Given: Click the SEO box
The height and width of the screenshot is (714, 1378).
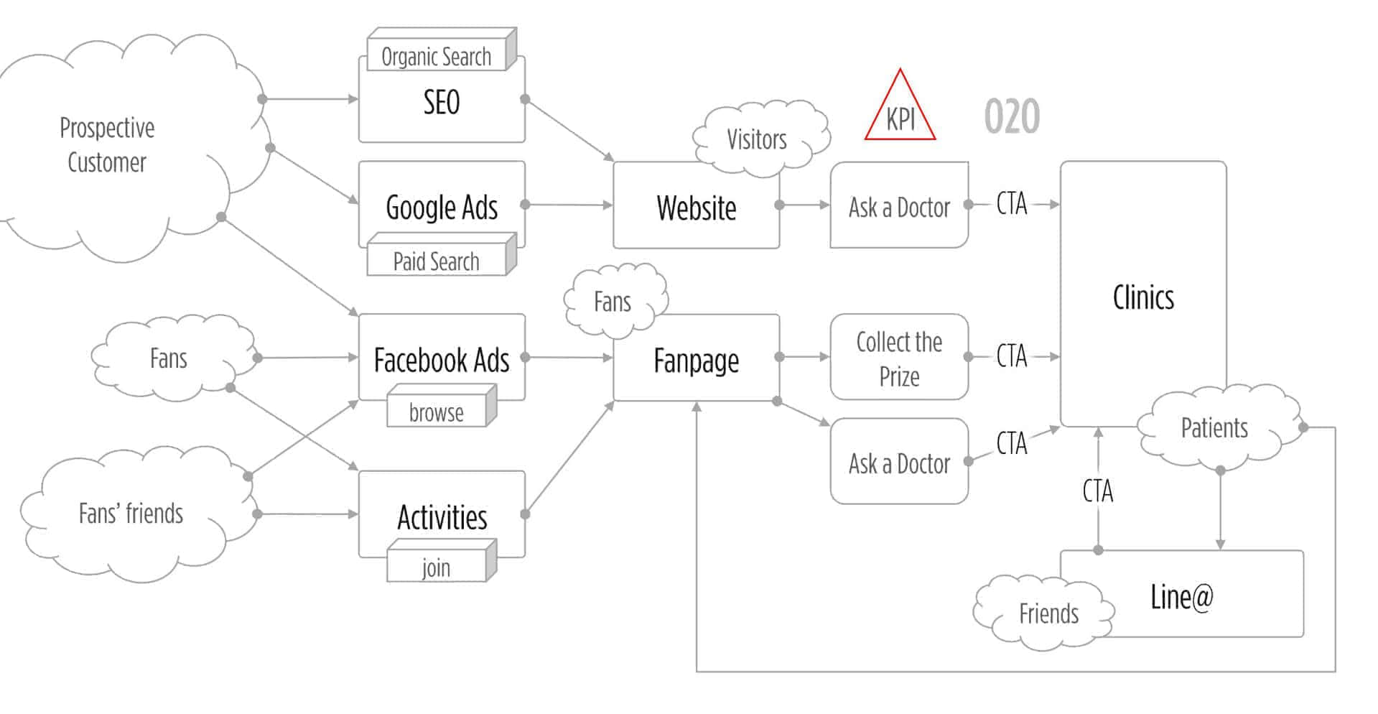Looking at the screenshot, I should pyautogui.click(x=441, y=103).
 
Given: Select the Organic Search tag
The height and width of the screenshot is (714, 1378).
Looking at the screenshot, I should pyautogui.click(x=436, y=56).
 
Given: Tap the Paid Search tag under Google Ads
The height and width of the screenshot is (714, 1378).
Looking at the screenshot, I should pyautogui.click(x=436, y=261).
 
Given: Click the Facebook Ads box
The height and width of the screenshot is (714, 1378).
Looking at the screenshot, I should pyautogui.click(x=441, y=360).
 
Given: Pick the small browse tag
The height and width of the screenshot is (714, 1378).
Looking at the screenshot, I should pyautogui.click(x=436, y=413).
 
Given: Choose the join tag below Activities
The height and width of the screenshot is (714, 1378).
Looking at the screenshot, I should pyautogui.click(x=436, y=568).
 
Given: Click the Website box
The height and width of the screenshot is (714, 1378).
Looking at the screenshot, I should pyautogui.click(x=696, y=208).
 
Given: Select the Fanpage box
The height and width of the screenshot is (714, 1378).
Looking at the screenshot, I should pyautogui.click(x=696, y=360).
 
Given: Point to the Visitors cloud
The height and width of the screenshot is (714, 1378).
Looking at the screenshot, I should pyautogui.click(x=757, y=139).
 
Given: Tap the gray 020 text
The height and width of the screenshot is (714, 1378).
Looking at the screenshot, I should pyautogui.click(x=1012, y=116).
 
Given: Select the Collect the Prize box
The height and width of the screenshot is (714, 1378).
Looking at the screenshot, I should pyautogui.click(x=899, y=358).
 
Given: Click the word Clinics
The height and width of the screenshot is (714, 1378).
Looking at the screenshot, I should pyautogui.click(x=1143, y=297).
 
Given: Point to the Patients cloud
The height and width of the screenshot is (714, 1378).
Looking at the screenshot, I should pyautogui.click(x=1214, y=428).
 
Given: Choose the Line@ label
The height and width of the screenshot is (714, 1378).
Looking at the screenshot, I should pyautogui.click(x=1182, y=596).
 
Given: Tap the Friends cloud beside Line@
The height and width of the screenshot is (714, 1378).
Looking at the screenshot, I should pyautogui.click(x=1048, y=613).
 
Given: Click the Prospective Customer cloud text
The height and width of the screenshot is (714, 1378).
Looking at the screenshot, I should pyautogui.click(x=107, y=145).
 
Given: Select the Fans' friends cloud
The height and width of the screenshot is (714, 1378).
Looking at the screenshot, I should pyautogui.click(x=131, y=514).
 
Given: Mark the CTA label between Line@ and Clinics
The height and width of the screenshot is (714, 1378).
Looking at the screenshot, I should pyautogui.click(x=1098, y=491).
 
